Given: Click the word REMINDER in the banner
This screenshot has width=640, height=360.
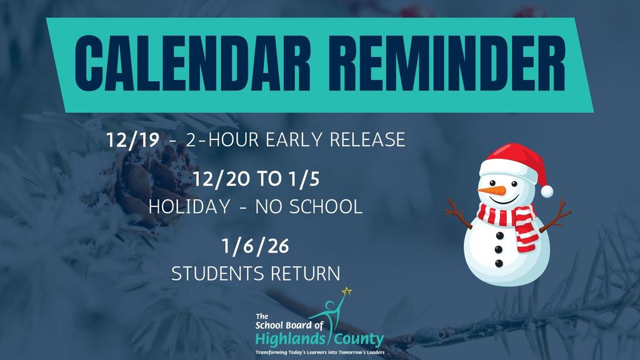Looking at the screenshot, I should (x=436, y=65).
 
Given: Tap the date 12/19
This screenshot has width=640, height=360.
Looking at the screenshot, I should (x=133, y=139).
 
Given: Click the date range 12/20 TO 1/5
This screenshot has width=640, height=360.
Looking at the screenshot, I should (x=256, y=180).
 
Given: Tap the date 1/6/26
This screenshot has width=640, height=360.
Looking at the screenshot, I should (x=256, y=246).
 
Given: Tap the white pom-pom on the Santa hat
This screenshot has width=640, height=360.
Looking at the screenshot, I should (x=547, y=191).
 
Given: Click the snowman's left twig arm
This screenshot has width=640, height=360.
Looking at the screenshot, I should (x=459, y=213).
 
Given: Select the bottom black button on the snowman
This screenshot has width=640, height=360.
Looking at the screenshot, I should (x=499, y=263).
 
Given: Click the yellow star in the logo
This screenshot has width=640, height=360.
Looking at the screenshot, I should (x=347, y=291).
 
